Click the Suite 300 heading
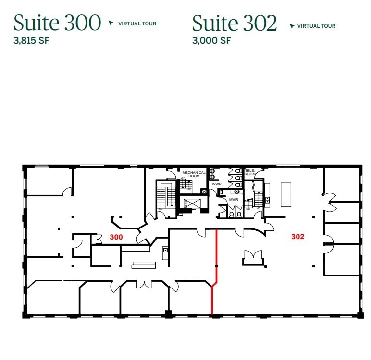tap(57, 23)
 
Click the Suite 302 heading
tap(235, 23)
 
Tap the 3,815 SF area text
tap(32, 40)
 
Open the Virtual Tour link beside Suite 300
tap(137, 24)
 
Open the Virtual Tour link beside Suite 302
tap(316, 26)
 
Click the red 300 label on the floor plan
tap(116, 237)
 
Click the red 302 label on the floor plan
tap(297, 236)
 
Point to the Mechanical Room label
tap(194, 174)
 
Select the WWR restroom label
tap(216, 184)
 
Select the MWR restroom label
tap(234, 199)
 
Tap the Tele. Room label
tap(250, 172)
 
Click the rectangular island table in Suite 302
tap(286, 194)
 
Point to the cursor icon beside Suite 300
tap(111, 23)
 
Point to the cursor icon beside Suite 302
tap(292, 26)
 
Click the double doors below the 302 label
tap(253, 256)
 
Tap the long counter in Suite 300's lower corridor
tap(144, 264)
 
